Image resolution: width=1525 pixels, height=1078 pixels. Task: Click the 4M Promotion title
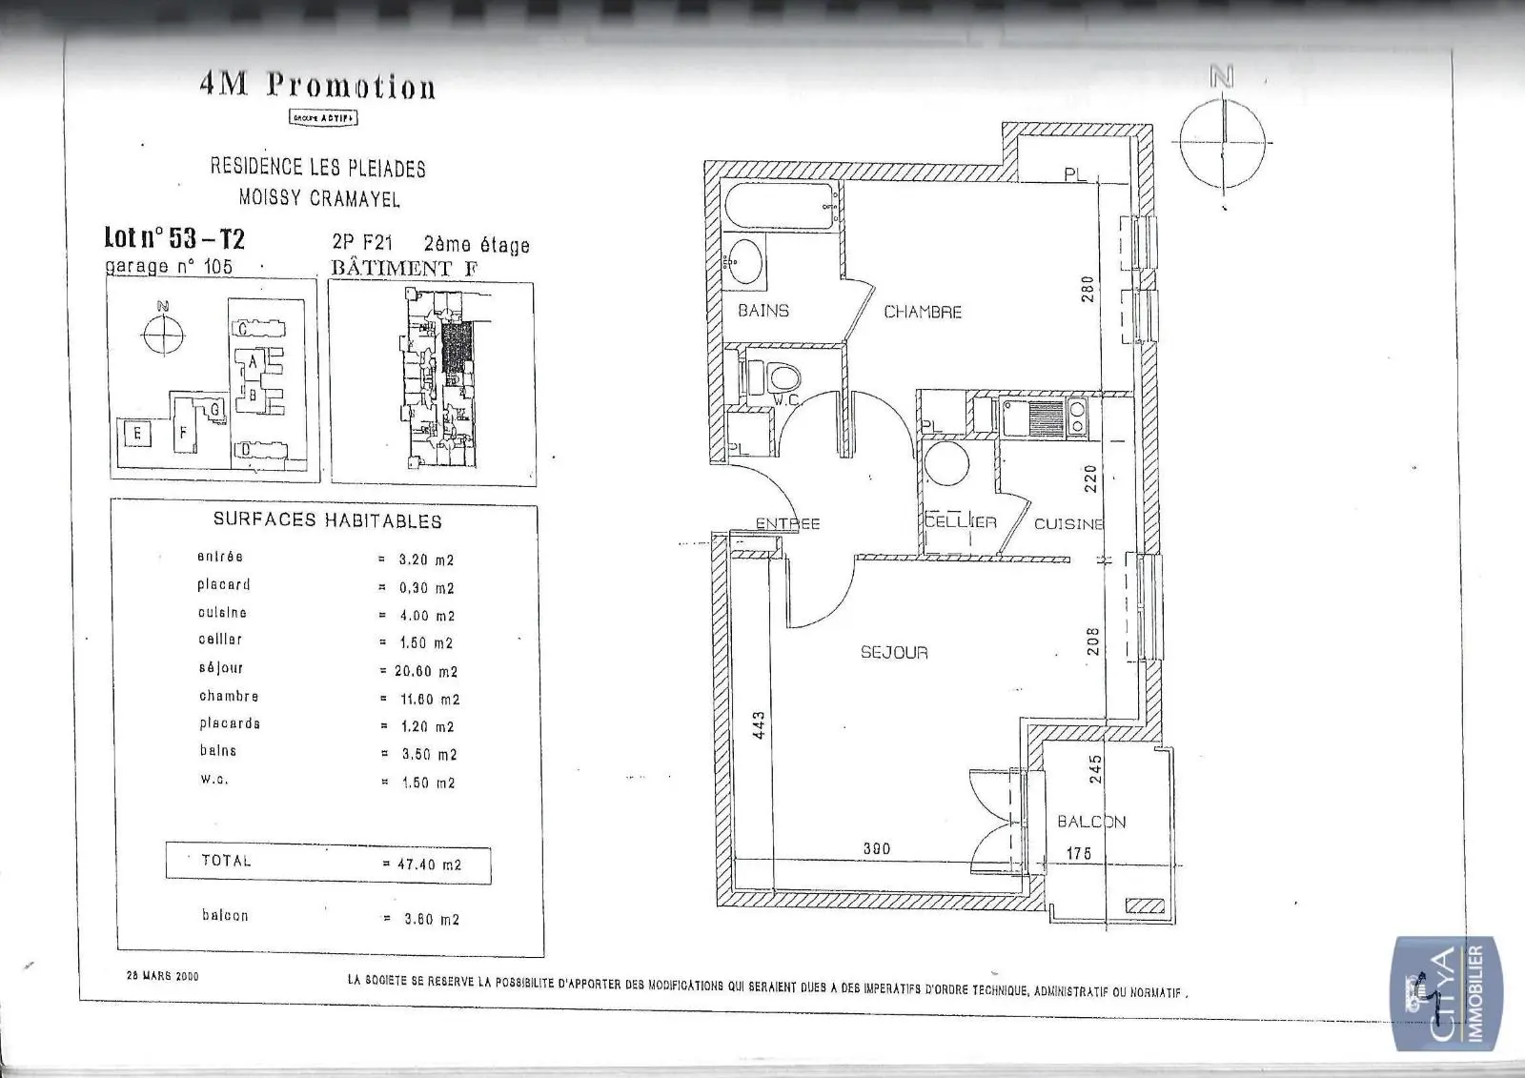click(317, 86)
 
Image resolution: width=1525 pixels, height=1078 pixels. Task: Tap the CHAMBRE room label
click(922, 312)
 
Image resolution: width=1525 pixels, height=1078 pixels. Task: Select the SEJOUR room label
click(893, 653)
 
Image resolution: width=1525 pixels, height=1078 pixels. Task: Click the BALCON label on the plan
click(1091, 822)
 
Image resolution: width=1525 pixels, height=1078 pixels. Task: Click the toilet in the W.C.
click(779, 378)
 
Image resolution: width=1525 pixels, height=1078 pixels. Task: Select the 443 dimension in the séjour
click(760, 729)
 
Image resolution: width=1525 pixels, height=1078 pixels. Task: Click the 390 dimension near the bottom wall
click(876, 849)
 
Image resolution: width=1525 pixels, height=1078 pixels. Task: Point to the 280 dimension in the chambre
click(1088, 289)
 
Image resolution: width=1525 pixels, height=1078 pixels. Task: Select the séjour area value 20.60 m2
click(425, 671)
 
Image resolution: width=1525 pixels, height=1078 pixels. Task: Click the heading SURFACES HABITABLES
click(327, 520)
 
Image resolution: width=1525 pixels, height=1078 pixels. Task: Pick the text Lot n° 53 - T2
click(174, 237)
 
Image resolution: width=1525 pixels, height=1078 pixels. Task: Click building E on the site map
click(137, 435)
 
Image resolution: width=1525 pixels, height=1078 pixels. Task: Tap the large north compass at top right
click(1221, 141)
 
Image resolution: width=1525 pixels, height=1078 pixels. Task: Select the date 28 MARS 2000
click(163, 976)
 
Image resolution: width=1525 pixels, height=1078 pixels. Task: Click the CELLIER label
click(961, 522)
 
